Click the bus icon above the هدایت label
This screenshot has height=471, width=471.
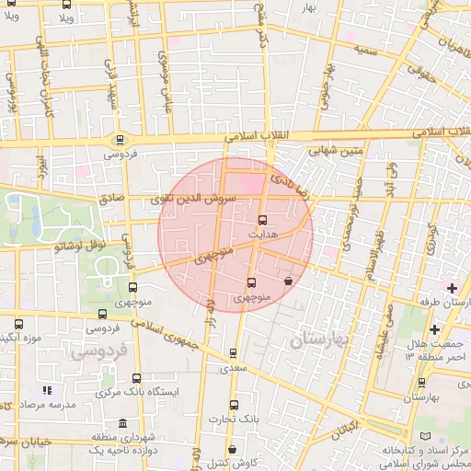(x=262, y=221)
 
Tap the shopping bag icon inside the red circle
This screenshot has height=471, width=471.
(x=289, y=281)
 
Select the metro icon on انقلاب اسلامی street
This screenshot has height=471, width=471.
(x=119, y=140)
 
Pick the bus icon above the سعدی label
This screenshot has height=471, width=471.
(x=232, y=352)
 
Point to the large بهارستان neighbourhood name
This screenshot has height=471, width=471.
(x=320, y=341)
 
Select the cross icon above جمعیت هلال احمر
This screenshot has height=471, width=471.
(x=433, y=329)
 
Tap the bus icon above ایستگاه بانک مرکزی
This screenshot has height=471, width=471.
(x=137, y=378)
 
